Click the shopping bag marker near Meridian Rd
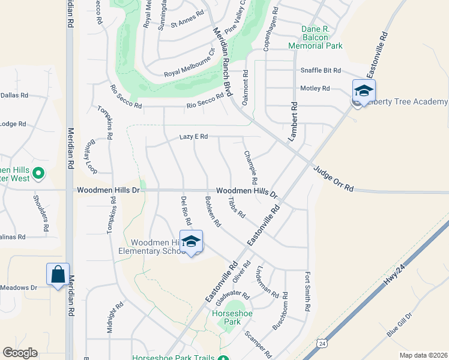click(x=58, y=274)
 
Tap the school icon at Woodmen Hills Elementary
click(x=191, y=242)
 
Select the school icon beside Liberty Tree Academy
click(x=364, y=91)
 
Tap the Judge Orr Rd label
click(x=333, y=179)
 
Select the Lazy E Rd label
click(x=193, y=137)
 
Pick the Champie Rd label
click(x=250, y=167)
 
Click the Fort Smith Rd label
click(x=307, y=292)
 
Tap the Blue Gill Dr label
click(x=400, y=325)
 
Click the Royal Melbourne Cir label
click(x=190, y=67)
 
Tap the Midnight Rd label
click(x=110, y=317)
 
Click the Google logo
click(x=20, y=353)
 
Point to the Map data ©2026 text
click(x=423, y=355)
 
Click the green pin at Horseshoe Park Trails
click(x=223, y=359)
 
